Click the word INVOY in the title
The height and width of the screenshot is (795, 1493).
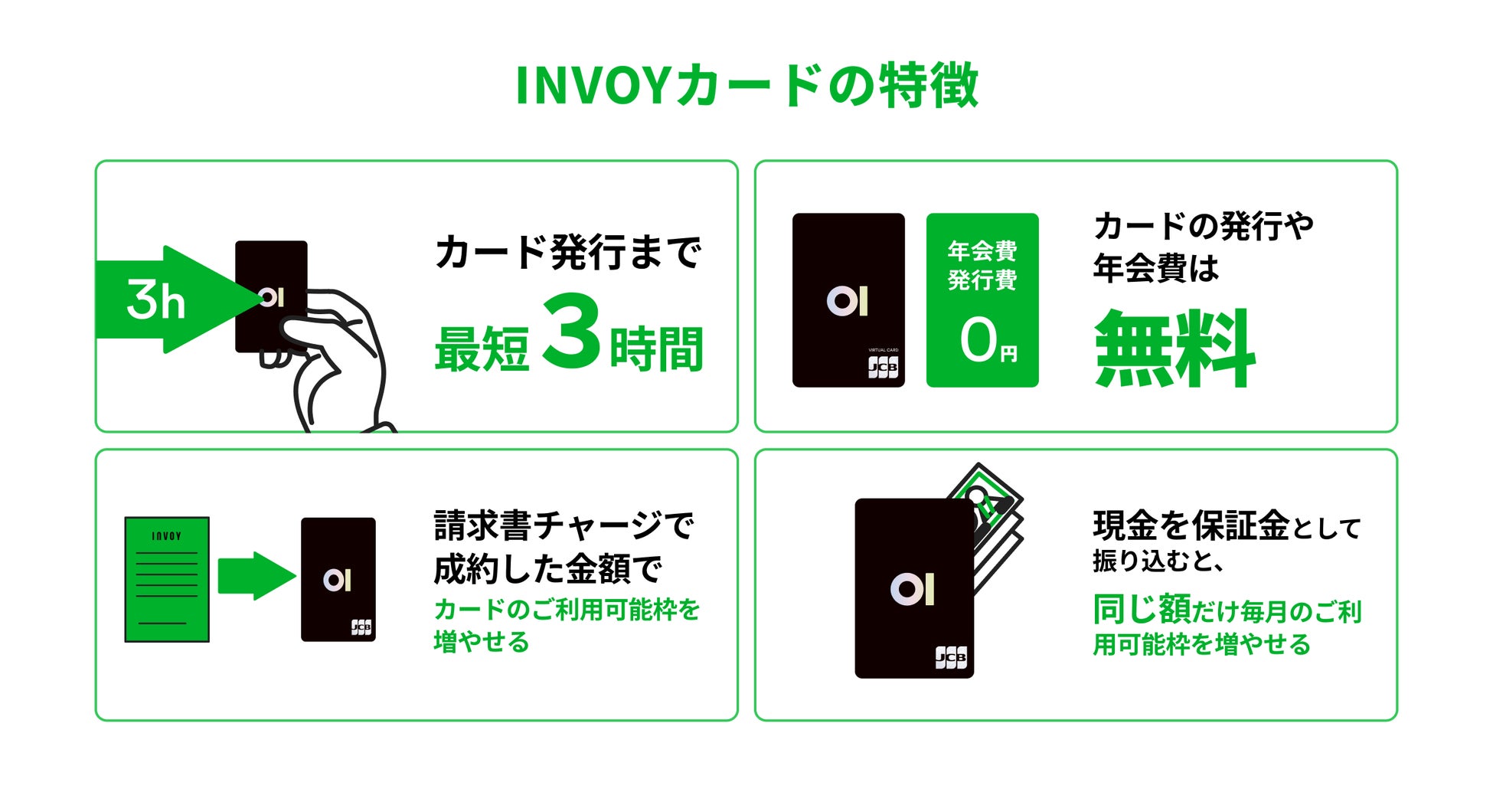(x=593, y=85)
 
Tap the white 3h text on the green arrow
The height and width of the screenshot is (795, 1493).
(x=155, y=299)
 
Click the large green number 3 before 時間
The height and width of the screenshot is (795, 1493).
(x=570, y=332)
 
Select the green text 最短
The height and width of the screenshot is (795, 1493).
(x=482, y=349)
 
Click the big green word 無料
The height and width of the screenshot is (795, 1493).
(x=1174, y=348)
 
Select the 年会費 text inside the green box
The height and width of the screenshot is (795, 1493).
(x=982, y=250)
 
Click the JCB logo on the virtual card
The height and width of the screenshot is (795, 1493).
(x=883, y=368)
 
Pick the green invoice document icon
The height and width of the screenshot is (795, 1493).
(x=167, y=579)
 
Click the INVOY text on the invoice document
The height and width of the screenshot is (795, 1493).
(x=167, y=536)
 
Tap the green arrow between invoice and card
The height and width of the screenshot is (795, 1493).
(x=255, y=576)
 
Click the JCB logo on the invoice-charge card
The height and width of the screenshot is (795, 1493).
(x=361, y=627)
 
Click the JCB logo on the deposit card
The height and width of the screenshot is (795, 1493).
(x=950, y=657)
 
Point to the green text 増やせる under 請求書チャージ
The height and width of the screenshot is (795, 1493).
(x=482, y=642)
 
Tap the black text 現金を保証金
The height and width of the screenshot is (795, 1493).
(x=1191, y=526)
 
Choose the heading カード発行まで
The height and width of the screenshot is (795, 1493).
(x=567, y=252)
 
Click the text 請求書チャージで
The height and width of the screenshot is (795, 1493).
(x=564, y=525)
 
